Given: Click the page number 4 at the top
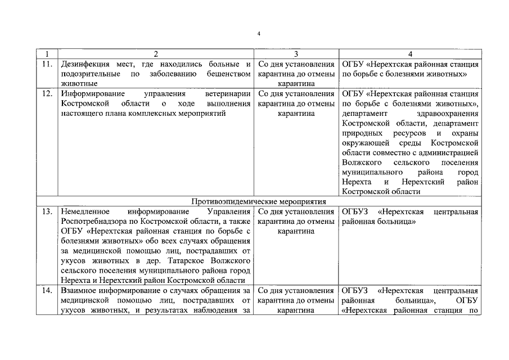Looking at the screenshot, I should click(x=258, y=34).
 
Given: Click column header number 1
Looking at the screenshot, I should click(x=47, y=54).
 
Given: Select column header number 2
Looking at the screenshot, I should click(x=156, y=54).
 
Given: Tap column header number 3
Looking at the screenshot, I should click(x=296, y=54).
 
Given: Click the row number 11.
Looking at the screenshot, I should click(x=47, y=64).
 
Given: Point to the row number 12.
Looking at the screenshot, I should click(x=47, y=93).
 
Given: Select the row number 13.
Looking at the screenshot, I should click(x=47, y=211).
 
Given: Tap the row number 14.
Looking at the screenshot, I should click(x=47, y=291).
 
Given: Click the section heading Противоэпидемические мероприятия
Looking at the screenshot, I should click(x=258, y=201).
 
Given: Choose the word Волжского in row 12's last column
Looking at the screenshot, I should click(x=361, y=162).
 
